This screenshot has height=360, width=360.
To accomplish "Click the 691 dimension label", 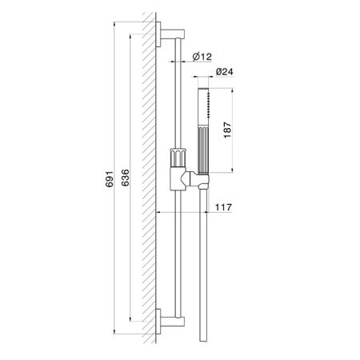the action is click(x=109, y=179).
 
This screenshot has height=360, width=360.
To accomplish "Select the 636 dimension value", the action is click(x=125, y=178).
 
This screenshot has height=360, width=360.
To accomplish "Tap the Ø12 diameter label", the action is click(x=202, y=57).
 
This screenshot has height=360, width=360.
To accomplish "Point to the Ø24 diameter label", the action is click(x=225, y=71).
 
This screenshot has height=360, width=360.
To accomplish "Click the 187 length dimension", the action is click(x=227, y=130).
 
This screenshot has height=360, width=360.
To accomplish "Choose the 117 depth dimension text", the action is click(x=223, y=207).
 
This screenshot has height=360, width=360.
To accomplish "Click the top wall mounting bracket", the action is click(x=170, y=34).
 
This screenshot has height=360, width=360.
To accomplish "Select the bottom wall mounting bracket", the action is click(x=170, y=322).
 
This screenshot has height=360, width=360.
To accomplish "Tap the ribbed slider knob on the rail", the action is click(x=178, y=157).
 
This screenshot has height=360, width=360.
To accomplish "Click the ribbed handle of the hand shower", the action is click(x=203, y=150).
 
